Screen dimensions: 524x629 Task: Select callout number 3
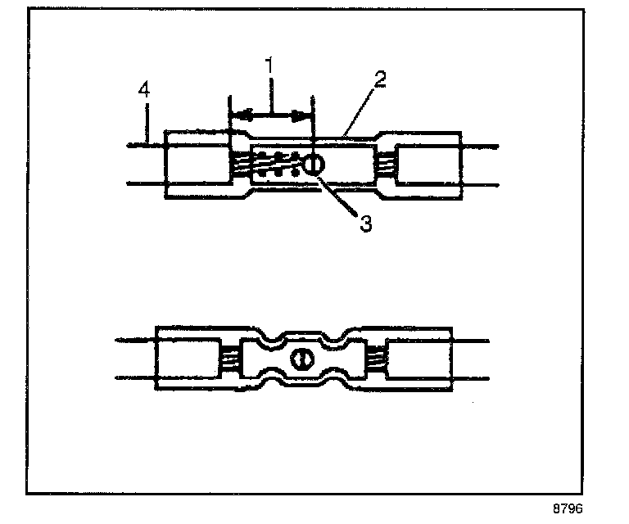(365, 222)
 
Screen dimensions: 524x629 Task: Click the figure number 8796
(568, 508)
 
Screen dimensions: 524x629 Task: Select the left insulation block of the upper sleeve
(197, 165)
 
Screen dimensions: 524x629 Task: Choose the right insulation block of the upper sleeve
(425, 165)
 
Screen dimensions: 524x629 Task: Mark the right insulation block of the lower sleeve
(419, 359)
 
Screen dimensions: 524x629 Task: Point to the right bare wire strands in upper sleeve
(386, 165)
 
